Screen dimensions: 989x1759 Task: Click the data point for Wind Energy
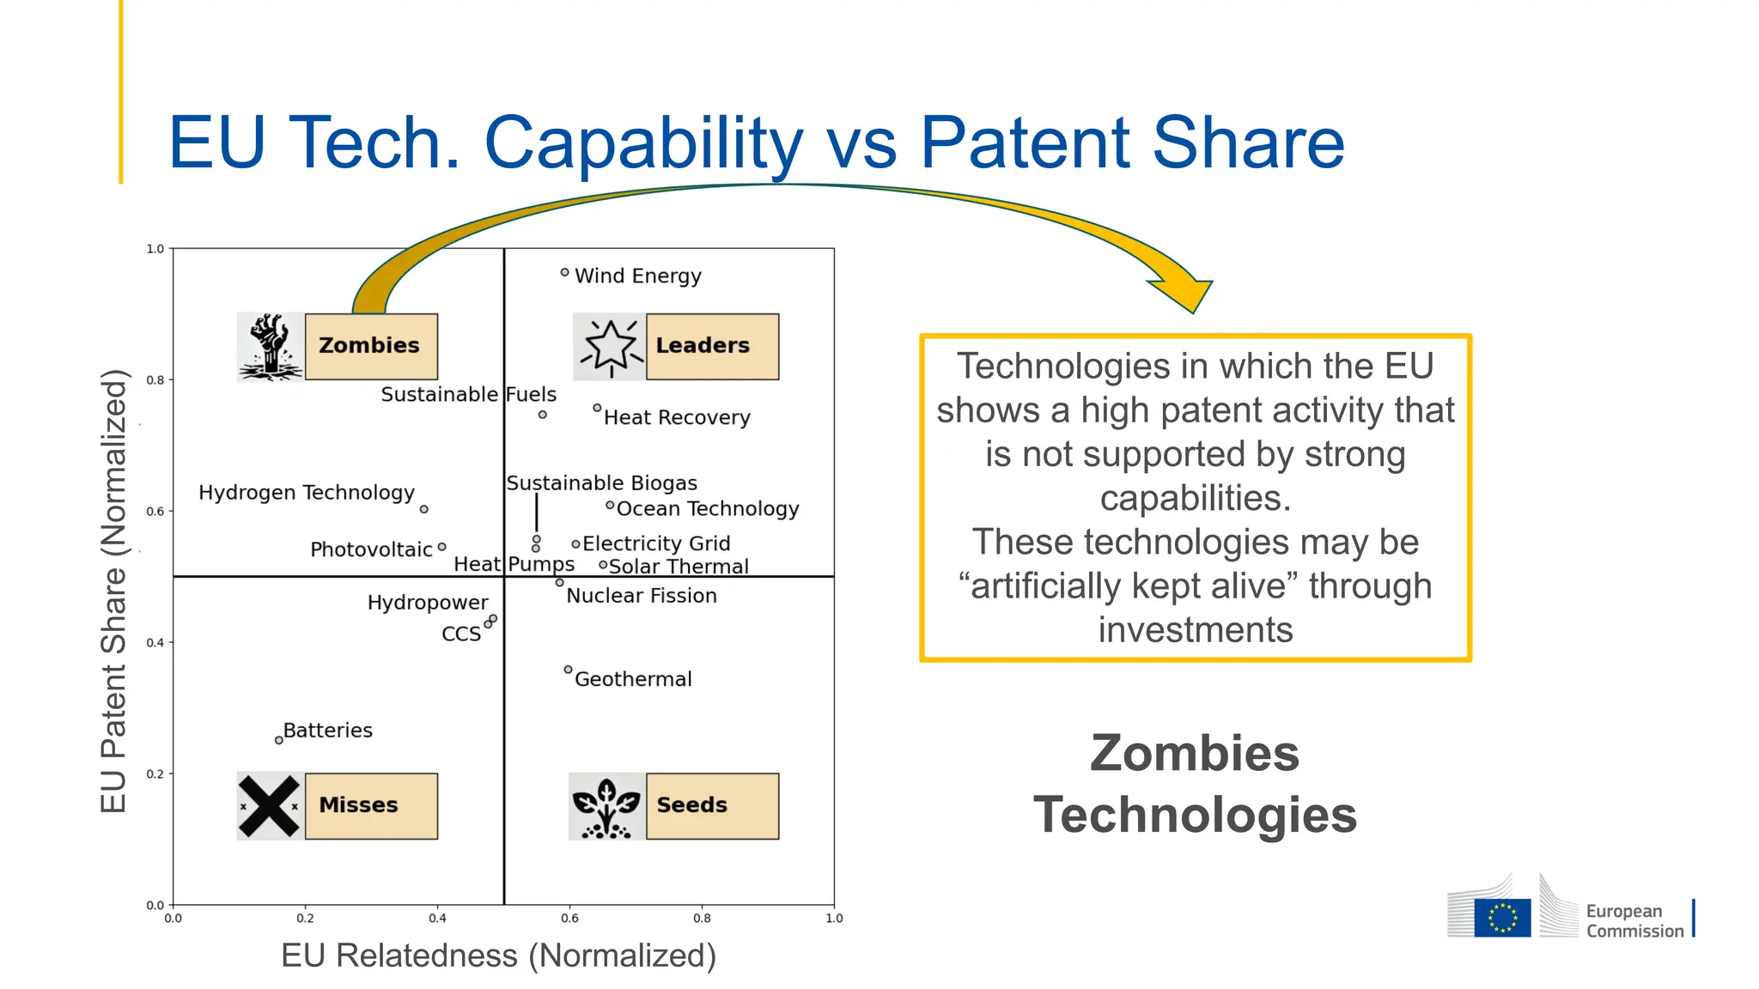click(x=564, y=272)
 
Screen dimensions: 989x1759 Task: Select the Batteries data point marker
click(x=278, y=740)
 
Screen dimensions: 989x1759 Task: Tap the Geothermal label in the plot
click(x=633, y=679)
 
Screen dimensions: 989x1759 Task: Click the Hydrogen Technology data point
click(x=423, y=509)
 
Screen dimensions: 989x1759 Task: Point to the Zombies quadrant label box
click(x=371, y=346)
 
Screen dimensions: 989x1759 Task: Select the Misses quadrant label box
click(x=371, y=805)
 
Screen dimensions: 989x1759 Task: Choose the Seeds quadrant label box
click(x=712, y=805)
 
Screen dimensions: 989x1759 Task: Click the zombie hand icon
click(x=271, y=347)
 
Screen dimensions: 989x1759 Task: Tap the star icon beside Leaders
click(x=610, y=347)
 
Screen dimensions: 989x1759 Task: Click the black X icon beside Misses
click(x=270, y=806)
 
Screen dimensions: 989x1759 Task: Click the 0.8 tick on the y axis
click(x=155, y=379)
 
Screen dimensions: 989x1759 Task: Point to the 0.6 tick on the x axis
click(x=569, y=918)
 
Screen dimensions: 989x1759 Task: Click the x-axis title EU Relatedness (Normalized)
click(x=498, y=956)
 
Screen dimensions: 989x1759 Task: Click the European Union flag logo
click(x=1502, y=917)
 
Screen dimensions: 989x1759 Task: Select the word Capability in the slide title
click(x=644, y=143)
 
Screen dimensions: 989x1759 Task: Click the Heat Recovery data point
click(x=597, y=408)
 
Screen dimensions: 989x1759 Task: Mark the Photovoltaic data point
click(x=441, y=546)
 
